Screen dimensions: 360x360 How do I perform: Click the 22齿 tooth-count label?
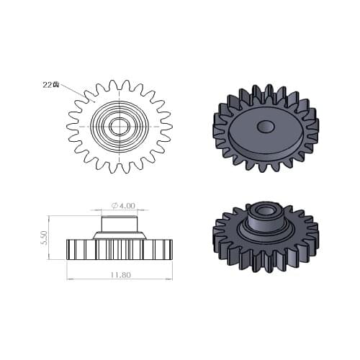coord(50,84)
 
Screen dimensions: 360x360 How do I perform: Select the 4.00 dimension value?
coord(123,206)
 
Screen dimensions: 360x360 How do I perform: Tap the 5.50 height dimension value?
coord(45,238)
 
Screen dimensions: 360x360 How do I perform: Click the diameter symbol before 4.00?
coord(114,206)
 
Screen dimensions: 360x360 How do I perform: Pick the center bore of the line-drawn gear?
coord(119,127)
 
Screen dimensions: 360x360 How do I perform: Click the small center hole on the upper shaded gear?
coord(265,127)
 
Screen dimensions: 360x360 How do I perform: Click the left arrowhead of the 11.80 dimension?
coord(69,279)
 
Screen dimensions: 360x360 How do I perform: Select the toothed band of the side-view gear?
coord(119,250)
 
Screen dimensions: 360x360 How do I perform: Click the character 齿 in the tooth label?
coord(55,84)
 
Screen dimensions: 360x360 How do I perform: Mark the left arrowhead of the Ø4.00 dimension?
coord(102,211)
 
